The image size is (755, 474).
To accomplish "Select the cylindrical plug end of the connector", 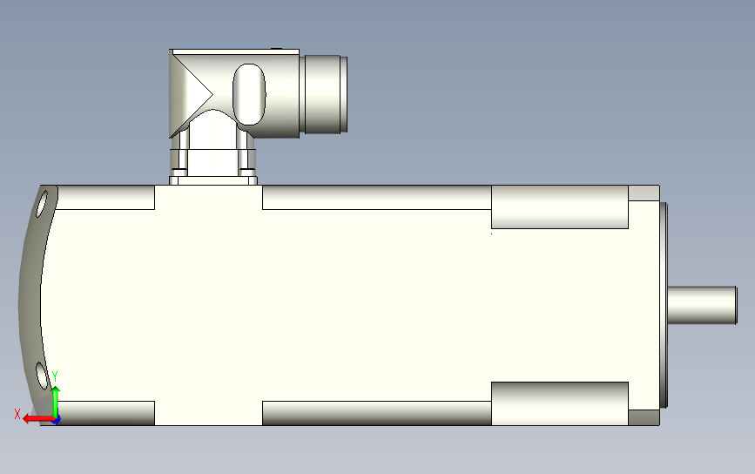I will (x=326, y=94).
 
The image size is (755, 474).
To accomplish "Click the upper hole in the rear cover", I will (x=44, y=206).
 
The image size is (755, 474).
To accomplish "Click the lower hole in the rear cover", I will (x=41, y=376).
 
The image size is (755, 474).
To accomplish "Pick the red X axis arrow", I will (x=35, y=418).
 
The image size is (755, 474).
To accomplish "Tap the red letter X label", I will (x=17, y=414).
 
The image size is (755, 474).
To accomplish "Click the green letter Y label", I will (x=55, y=376).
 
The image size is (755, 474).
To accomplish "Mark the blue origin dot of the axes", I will (x=57, y=419).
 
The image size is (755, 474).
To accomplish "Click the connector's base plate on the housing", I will (x=213, y=179).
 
